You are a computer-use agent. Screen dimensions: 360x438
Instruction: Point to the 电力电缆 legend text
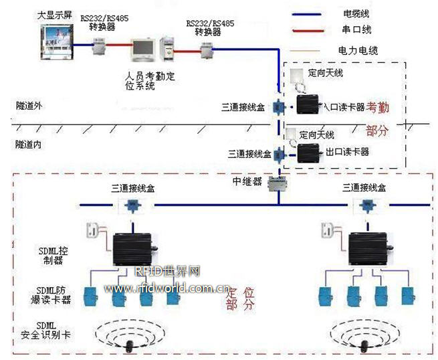[x=358, y=50]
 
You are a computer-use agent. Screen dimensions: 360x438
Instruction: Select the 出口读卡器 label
[x=347, y=152]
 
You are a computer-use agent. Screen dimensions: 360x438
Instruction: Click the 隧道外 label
[x=30, y=105]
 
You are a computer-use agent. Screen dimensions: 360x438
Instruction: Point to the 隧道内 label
[x=30, y=143]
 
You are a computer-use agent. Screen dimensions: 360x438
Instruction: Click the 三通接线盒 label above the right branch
[x=364, y=188]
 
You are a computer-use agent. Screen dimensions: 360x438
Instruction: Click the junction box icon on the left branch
[x=134, y=205]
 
